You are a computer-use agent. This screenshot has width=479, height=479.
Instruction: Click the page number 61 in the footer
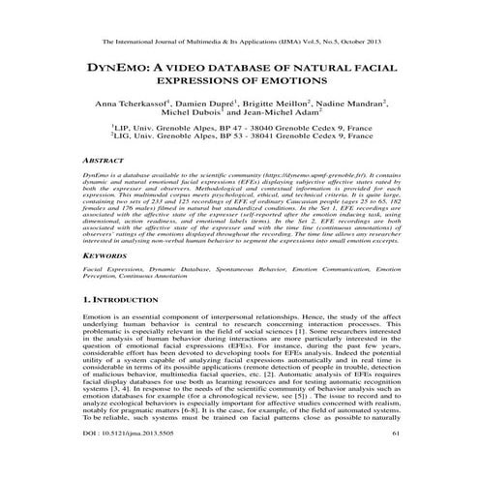395,463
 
